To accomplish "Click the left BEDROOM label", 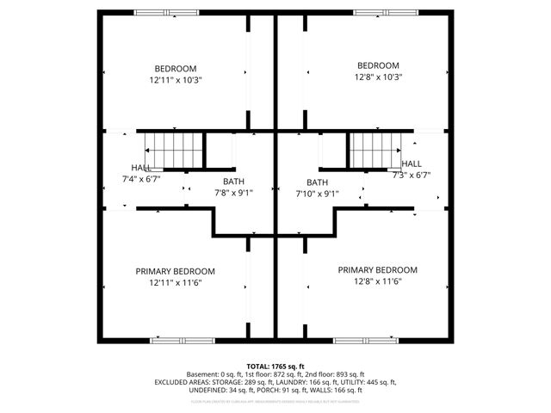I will tap(176, 69).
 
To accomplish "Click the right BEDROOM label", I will tap(378, 65).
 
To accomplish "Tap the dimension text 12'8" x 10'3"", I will tap(378, 77).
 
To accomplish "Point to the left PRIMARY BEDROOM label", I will tap(176, 271).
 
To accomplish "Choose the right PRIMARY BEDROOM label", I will tap(377, 269).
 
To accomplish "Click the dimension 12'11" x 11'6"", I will tap(176, 282).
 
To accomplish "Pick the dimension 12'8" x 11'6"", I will tap(377, 280).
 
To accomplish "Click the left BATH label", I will tap(233, 182).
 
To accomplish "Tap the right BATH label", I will tap(317, 182).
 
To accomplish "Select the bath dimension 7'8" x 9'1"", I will tap(233, 193).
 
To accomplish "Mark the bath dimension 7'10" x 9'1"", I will tap(317, 194).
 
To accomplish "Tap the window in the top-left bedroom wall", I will tap(164, 12).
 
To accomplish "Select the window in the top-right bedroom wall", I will tap(386, 12).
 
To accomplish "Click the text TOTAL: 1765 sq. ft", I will tap(275, 366).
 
